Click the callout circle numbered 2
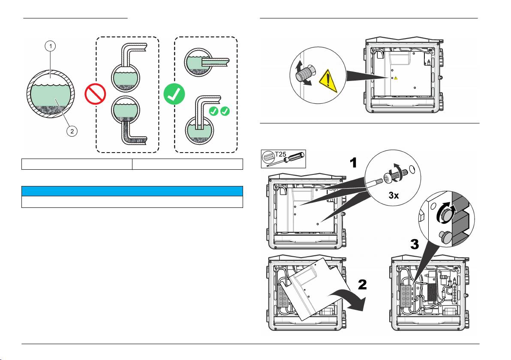[72, 132]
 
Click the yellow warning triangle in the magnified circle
[328, 81]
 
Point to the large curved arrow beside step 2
[354, 300]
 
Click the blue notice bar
[132, 191]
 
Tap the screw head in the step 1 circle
[391, 177]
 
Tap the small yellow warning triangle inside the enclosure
[396, 78]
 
